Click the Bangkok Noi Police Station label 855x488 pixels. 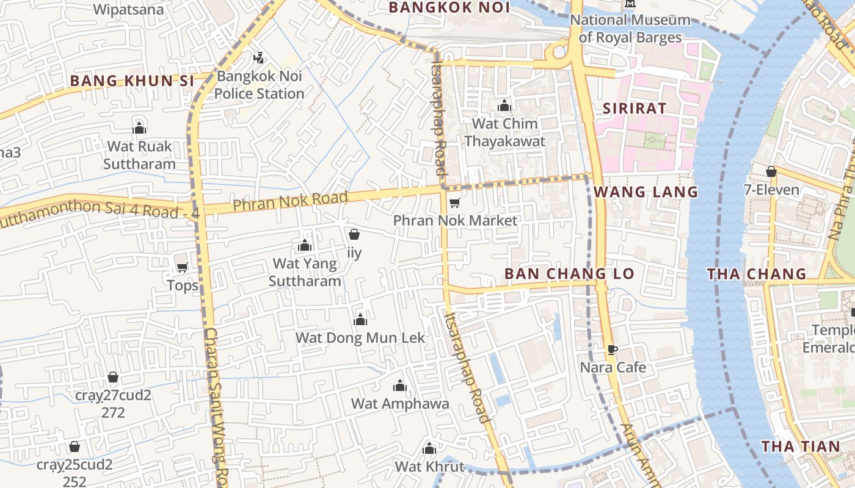tap(259, 85)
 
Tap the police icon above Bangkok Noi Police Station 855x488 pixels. tap(258, 58)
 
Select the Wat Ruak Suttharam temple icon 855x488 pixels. tap(139, 128)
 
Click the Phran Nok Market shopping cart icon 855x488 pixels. tap(454, 203)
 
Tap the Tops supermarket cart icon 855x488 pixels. tap(182, 267)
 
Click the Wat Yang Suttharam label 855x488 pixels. tap(305, 272)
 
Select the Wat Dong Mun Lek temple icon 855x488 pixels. tap(360, 320)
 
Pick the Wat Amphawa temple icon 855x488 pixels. tap(400, 386)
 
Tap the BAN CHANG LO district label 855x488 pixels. tap(570, 274)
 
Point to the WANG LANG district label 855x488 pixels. tap(646, 192)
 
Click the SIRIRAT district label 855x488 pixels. tap(635, 109)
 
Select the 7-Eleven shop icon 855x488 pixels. tap(771, 171)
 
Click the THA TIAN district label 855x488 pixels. tap(801, 447)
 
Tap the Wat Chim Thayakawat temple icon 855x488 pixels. tap(504, 106)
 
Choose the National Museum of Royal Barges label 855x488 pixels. tap(630, 29)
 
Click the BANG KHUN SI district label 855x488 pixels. tap(131, 81)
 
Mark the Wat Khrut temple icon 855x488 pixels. tap(429, 448)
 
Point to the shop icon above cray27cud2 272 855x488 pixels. tap(113, 378)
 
